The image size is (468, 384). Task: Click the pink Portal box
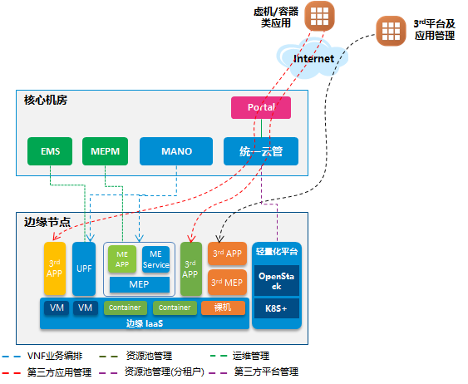262,108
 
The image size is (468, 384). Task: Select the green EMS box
50,151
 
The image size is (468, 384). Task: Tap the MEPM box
105,151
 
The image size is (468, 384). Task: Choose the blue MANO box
177,151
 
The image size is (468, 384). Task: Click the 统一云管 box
262,151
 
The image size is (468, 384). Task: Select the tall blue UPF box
84,268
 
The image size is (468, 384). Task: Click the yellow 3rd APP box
55,268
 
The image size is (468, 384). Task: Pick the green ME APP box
121,259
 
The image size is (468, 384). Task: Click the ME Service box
155,259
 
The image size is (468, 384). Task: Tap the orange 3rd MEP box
227,283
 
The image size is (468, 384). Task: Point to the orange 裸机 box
223,308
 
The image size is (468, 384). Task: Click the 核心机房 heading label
45,101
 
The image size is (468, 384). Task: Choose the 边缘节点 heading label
46,222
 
